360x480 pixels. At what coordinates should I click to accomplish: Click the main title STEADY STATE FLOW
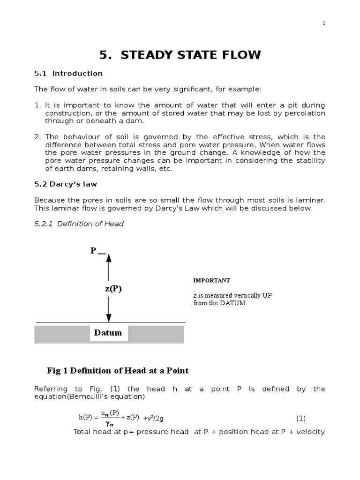point(180,55)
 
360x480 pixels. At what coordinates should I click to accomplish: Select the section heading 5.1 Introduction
point(68,74)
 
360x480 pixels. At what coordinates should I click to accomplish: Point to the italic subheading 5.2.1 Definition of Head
point(79,224)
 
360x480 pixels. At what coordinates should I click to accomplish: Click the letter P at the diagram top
point(93,251)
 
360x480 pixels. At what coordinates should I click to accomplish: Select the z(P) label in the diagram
point(113,289)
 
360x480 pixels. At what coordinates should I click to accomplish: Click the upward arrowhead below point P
point(109,257)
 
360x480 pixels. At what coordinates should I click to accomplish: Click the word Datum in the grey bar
point(108,333)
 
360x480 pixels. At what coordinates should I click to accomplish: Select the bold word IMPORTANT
point(212,280)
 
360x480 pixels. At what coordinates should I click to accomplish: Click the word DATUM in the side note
point(232,303)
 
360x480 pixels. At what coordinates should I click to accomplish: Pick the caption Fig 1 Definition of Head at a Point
point(118,371)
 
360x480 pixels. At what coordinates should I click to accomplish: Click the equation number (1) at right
point(300,418)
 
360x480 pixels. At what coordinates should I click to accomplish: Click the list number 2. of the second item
point(38,137)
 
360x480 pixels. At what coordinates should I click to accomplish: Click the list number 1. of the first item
point(38,105)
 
